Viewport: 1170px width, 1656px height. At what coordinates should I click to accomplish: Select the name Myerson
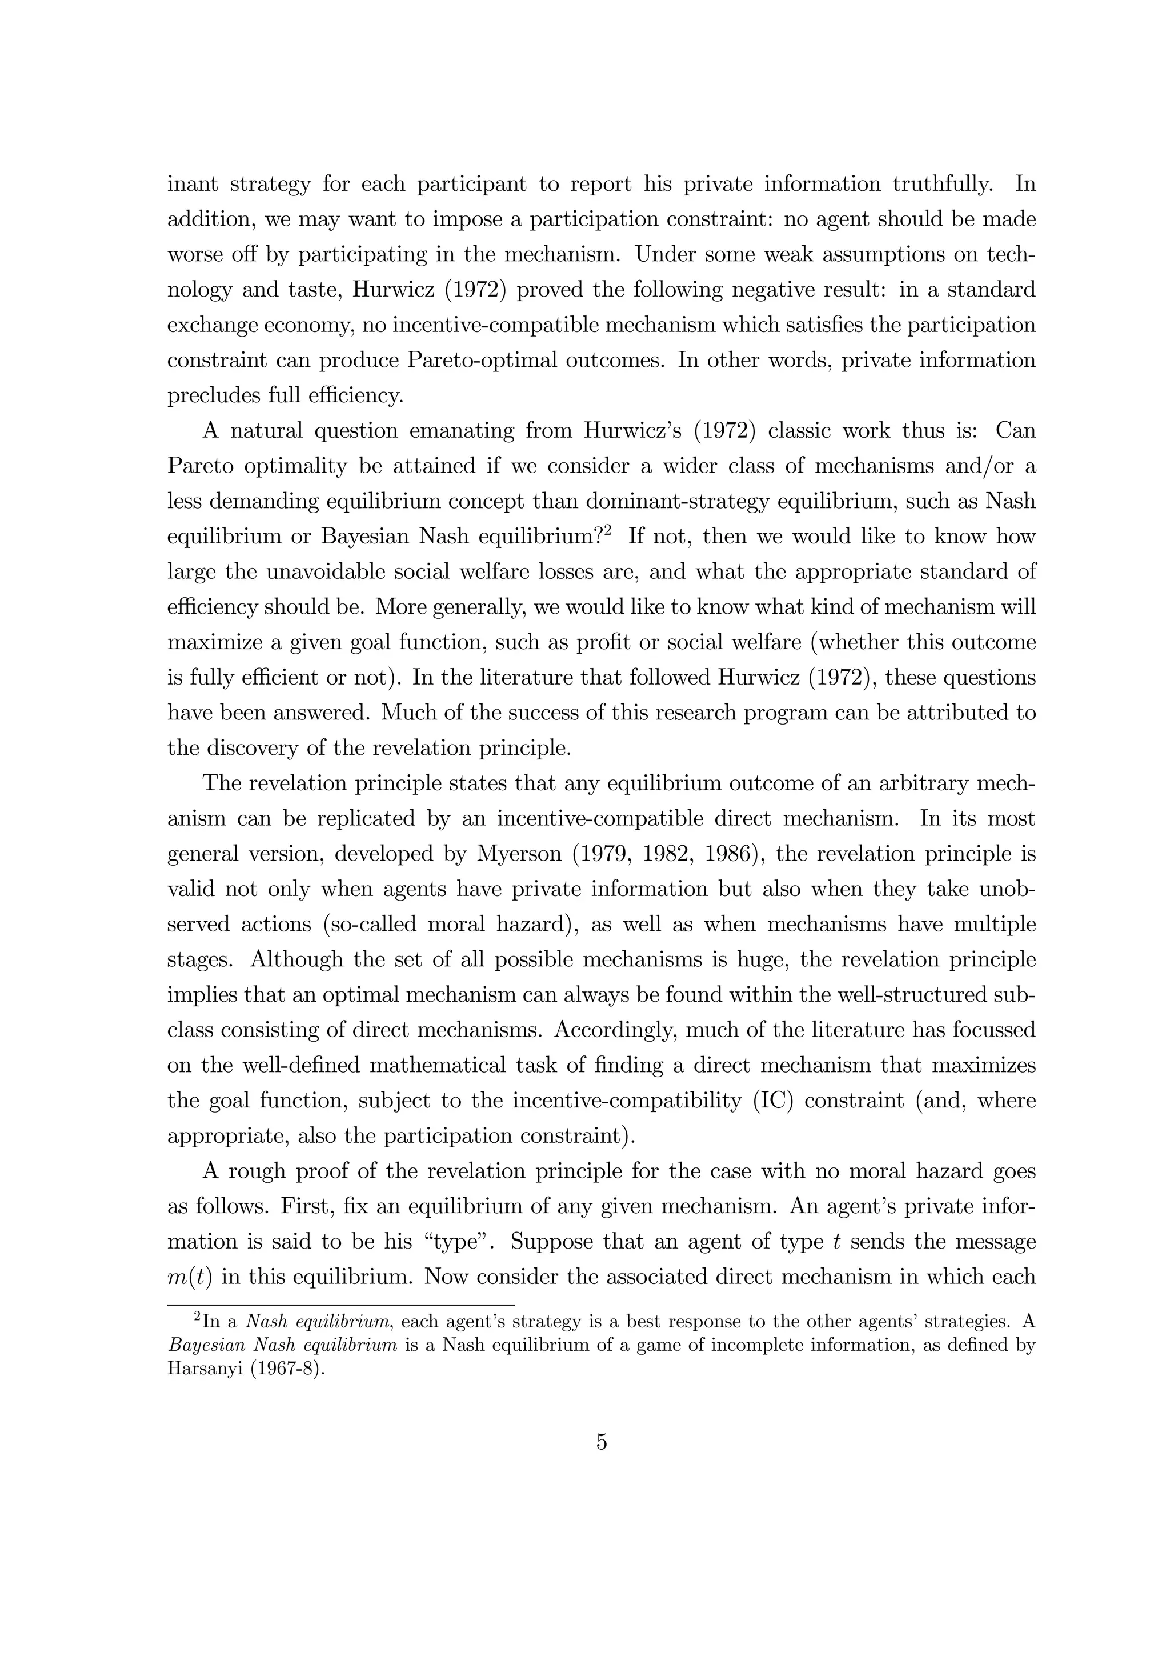pos(519,854)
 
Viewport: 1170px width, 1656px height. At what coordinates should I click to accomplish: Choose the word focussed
pos(994,1030)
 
